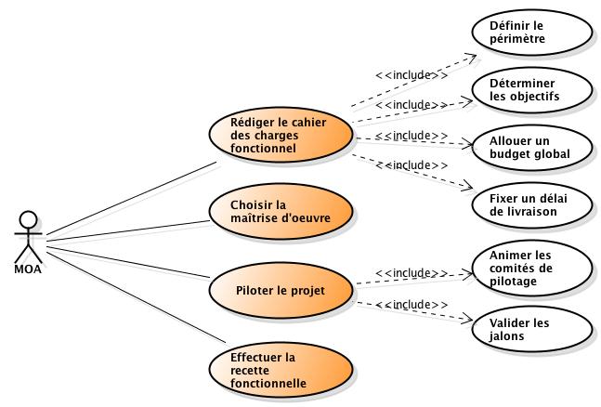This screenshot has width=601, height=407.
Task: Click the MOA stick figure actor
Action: click(29, 236)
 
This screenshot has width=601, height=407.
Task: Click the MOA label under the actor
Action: click(29, 269)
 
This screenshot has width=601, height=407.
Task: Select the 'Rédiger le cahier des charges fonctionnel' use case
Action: click(280, 135)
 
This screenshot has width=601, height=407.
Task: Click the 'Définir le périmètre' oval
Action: click(529, 33)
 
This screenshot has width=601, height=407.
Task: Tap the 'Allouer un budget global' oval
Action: click(529, 146)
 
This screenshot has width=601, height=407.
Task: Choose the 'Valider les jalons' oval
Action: click(529, 329)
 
